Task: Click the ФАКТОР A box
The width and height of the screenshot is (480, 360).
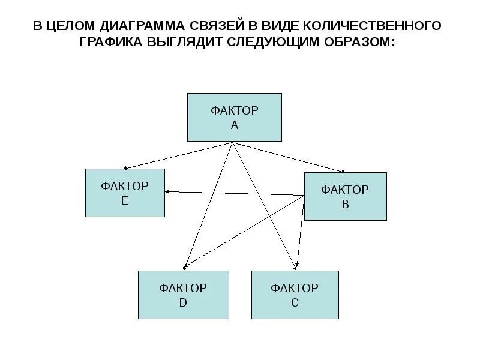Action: (235, 117)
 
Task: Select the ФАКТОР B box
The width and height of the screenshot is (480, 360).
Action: (345, 196)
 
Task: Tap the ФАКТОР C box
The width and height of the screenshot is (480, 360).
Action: (294, 295)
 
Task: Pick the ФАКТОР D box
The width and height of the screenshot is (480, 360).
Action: (183, 295)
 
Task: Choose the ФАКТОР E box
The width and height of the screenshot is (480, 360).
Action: (125, 193)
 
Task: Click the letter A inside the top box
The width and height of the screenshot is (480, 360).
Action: (235, 125)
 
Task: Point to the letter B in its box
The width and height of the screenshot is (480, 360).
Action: (345, 204)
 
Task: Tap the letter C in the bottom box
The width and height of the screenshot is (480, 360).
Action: (294, 303)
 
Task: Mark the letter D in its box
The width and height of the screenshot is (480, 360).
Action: (183, 303)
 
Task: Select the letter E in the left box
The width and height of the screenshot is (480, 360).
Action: (125, 201)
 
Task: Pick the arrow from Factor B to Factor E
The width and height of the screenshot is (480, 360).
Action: (234, 193)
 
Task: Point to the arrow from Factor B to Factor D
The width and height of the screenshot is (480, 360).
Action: (243, 231)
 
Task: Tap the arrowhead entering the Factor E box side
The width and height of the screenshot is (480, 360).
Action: (169, 191)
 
